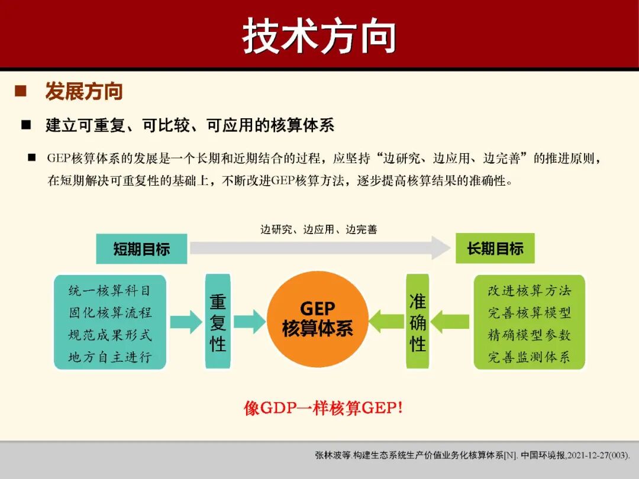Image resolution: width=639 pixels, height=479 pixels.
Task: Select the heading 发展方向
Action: coord(84,92)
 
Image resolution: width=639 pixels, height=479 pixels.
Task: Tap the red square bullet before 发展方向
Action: coord(21,91)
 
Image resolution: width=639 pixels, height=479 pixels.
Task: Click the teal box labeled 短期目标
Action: coord(141,249)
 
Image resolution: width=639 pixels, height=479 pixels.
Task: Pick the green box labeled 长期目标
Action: coord(495,248)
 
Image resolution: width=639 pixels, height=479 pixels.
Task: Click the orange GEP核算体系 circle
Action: coord(318,319)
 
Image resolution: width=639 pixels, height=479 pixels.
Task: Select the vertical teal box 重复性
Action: coord(218,322)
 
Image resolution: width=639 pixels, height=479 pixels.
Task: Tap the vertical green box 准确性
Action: coord(418,322)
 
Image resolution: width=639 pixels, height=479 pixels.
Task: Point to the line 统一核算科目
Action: coord(109,290)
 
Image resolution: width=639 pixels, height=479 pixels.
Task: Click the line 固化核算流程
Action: coord(109,313)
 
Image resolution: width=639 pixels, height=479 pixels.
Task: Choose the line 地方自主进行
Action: coord(109,357)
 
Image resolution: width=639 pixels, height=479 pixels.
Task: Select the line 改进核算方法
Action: coord(529,290)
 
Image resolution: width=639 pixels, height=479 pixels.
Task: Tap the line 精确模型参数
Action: coord(529,335)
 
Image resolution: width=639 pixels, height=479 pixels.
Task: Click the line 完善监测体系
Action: coord(529,357)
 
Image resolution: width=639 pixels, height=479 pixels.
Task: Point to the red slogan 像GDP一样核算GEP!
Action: coord(323,409)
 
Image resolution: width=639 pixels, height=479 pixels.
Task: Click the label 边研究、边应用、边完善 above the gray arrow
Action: coord(318,229)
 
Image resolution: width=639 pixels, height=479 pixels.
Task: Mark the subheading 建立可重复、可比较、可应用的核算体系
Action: coord(190,125)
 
